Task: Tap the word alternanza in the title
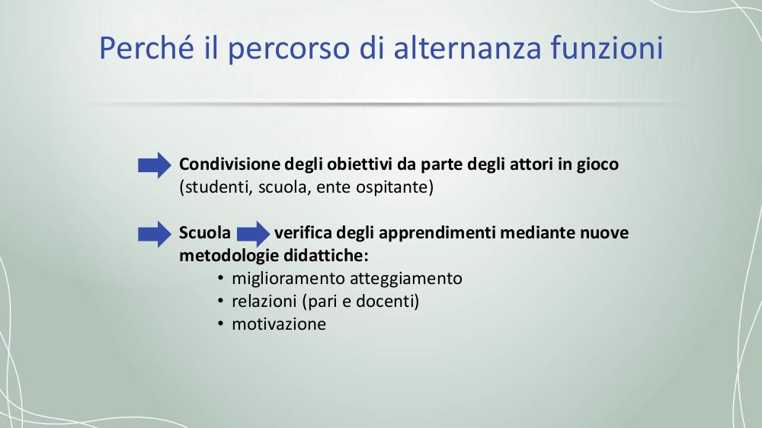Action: [467, 47]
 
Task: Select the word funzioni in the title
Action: [607, 47]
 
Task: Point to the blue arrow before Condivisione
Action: [155, 165]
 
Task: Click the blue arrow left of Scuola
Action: [155, 234]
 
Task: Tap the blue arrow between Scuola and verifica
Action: [253, 234]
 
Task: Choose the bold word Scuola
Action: [204, 233]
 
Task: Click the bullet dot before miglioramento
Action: [221, 279]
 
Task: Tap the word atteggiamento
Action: [406, 279]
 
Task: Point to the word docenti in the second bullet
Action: [385, 302]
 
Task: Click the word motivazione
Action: [279, 324]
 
